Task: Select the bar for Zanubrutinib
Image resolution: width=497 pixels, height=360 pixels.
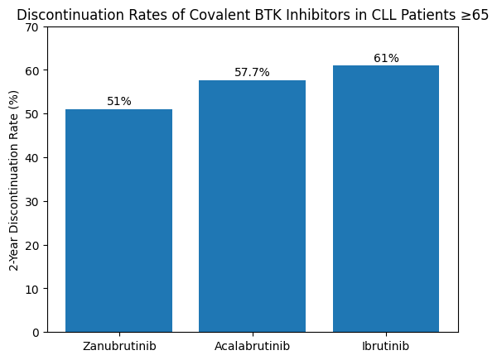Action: click(x=118, y=220)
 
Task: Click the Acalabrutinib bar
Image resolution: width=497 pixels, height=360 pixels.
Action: click(x=252, y=206)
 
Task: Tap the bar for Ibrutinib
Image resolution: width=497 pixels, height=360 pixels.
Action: click(x=386, y=199)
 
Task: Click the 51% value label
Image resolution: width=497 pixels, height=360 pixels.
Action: click(x=119, y=101)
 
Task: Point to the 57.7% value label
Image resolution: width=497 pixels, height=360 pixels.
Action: click(x=252, y=73)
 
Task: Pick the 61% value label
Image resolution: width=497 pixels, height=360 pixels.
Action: click(x=386, y=58)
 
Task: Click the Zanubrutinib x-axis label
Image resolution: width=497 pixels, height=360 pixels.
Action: click(x=119, y=344)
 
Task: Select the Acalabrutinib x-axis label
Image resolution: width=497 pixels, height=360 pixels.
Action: click(x=252, y=344)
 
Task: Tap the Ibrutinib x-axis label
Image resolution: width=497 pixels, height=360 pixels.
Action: click(x=386, y=344)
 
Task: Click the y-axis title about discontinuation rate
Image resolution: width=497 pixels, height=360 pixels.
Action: click(x=13, y=180)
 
